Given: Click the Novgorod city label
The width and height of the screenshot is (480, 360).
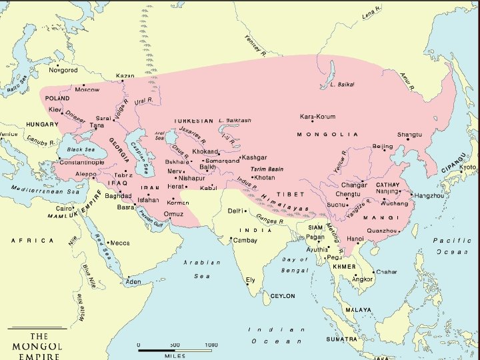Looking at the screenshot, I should [64, 70].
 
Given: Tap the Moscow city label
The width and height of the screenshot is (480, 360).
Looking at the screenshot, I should [87, 89].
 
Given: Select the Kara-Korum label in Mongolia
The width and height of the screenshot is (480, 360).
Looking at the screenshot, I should [317, 116].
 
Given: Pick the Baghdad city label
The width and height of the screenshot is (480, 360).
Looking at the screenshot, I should [118, 196].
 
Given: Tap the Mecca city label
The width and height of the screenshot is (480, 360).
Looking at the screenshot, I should [120, 243].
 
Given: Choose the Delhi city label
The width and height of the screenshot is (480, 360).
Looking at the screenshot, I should [235, 211].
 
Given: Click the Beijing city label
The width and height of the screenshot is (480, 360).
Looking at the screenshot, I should [383, 146].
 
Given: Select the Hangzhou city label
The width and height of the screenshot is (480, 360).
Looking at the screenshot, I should [428, 195].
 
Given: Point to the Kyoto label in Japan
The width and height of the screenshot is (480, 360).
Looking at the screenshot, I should [468, 167].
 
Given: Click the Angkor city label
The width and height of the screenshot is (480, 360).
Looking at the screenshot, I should [363, 279].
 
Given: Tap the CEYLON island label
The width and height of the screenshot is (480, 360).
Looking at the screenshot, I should [283, 295].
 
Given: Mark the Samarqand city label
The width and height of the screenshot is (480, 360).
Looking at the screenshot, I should [222, 161].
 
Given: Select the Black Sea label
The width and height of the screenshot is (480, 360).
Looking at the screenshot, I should [81, 150].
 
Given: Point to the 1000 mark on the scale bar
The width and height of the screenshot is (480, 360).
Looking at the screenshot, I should [211, 345].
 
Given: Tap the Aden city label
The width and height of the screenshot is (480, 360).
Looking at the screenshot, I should [133, 282].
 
